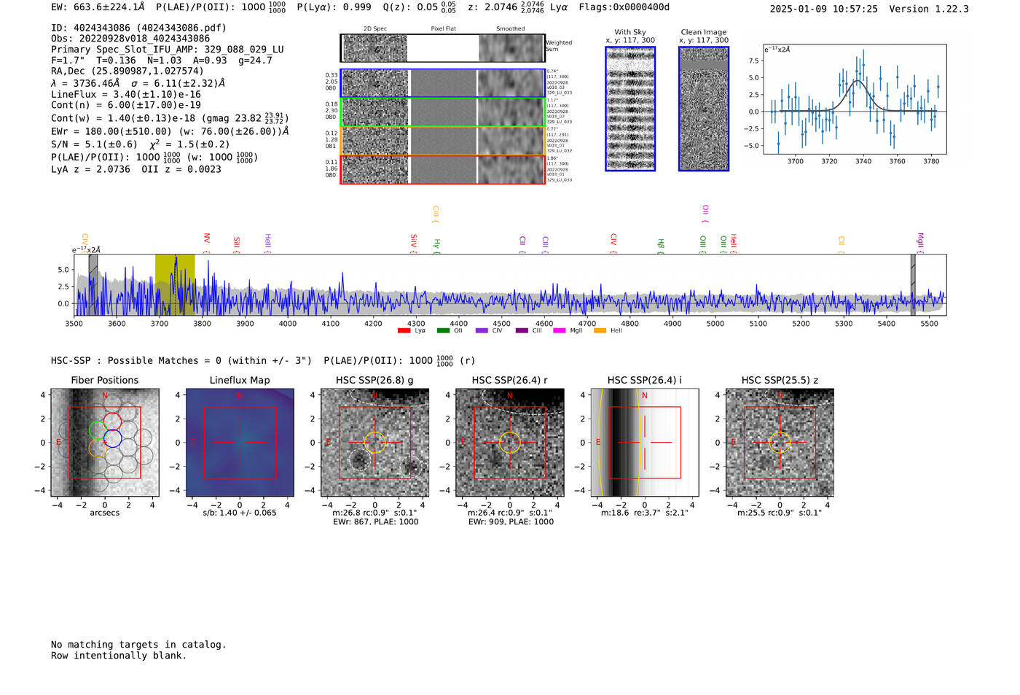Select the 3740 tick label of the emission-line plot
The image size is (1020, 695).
(863, 161)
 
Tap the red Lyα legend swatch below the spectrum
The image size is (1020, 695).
(404, 330)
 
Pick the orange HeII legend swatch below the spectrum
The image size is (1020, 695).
(600, 330)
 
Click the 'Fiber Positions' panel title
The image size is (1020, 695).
(104, 380)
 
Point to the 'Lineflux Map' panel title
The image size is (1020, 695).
(240, 380)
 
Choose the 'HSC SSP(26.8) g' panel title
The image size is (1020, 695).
(374, 380)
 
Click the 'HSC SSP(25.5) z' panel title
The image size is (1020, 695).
(780, 380)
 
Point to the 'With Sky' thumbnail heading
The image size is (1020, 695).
(630, 32)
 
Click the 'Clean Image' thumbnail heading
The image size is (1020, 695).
(704, 32)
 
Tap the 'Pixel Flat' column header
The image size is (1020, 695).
(443, 28)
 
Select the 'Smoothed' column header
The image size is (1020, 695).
(510, 28)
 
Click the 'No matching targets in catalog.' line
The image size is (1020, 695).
(138, 644)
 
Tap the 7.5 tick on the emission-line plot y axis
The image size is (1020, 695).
(753, 61)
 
